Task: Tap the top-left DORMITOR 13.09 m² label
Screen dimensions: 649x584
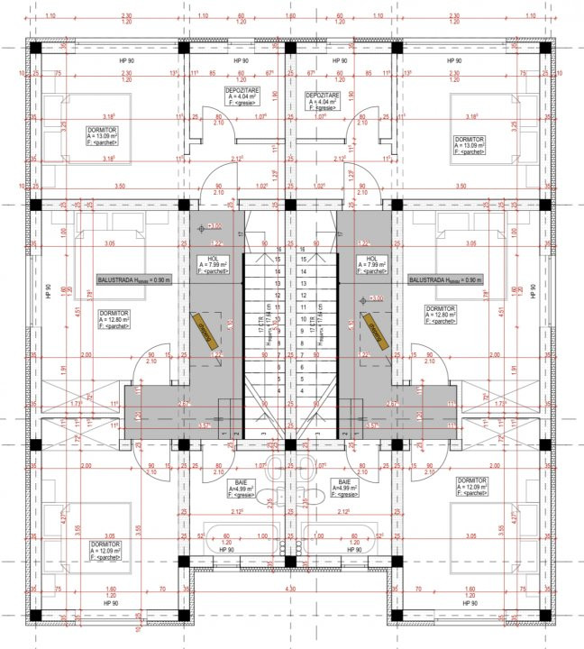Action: coord(114,139)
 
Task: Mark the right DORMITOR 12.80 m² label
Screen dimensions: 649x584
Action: coord(443,315)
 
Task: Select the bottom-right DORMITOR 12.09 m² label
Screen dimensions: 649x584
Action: coord(472,487)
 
